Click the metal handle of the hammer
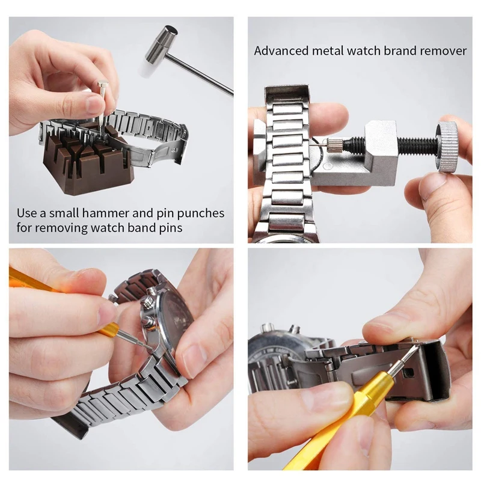point(204,75)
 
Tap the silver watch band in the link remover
point(287,162)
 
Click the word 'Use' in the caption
point(26,213)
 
